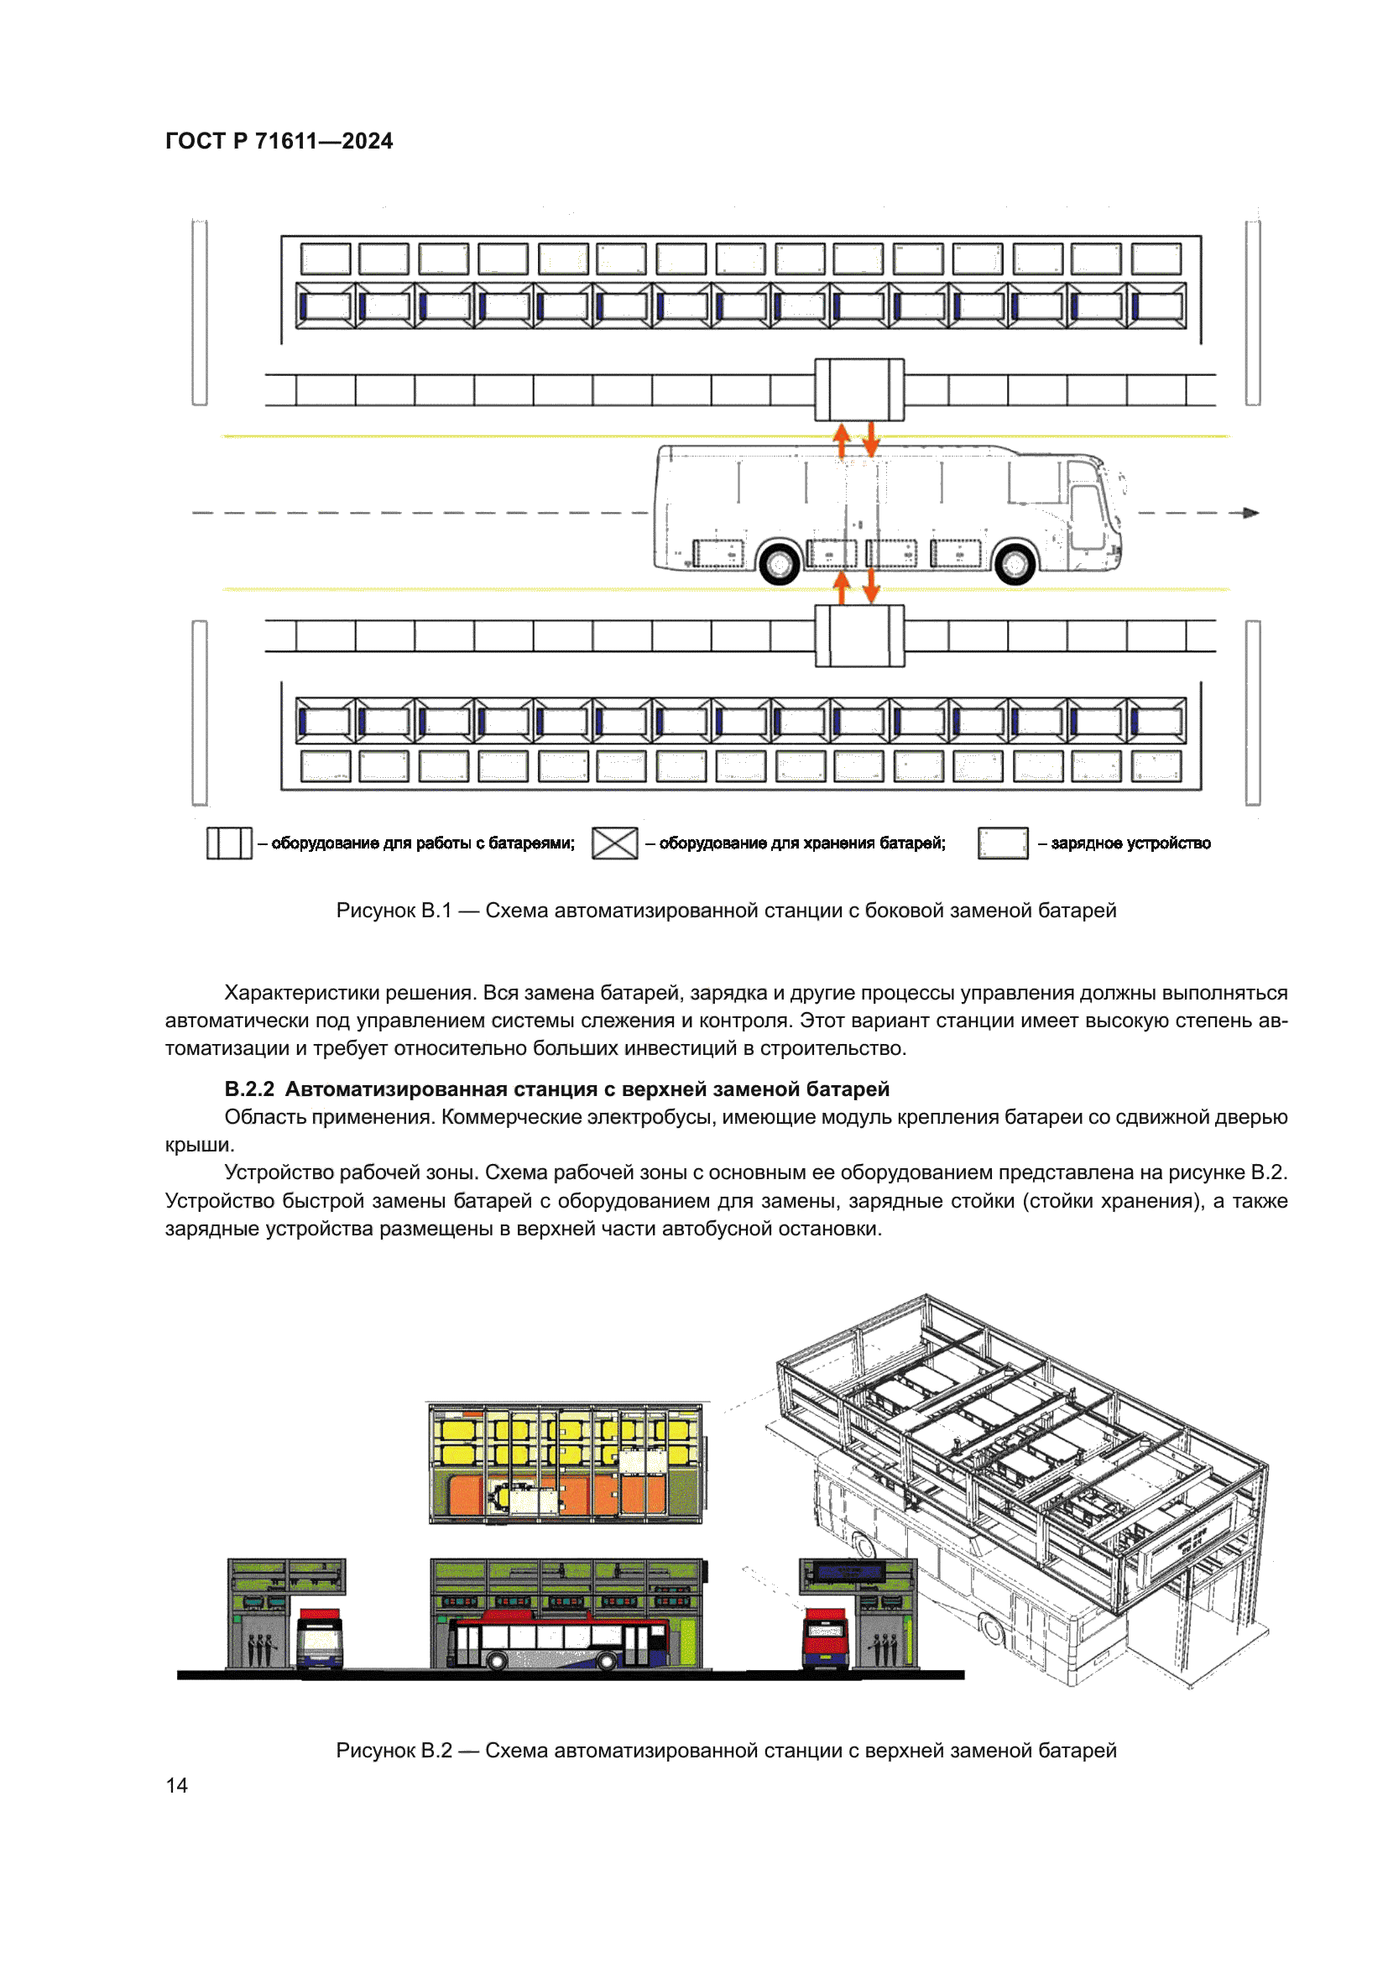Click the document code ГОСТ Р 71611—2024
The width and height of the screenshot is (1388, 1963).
click(279, 141)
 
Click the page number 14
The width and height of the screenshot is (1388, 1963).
click(176, 1785)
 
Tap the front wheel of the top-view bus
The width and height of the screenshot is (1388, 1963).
click(1015, 562)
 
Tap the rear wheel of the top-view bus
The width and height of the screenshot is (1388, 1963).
click(780, 562)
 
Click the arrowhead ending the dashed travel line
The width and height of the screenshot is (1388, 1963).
click(1250, 513)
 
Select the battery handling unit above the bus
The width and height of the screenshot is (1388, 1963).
click(859, 390)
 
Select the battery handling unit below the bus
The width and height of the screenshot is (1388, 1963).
click(859, 636)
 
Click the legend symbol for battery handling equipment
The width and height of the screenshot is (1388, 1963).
click(229, 843)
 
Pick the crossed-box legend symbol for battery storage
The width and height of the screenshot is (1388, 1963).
click(614, 843)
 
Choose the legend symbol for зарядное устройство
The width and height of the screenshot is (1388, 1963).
click(1003, 843)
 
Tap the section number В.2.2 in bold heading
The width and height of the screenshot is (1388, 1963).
click(248, 1089)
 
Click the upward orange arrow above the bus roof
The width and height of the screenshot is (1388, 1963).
click(842, 440)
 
